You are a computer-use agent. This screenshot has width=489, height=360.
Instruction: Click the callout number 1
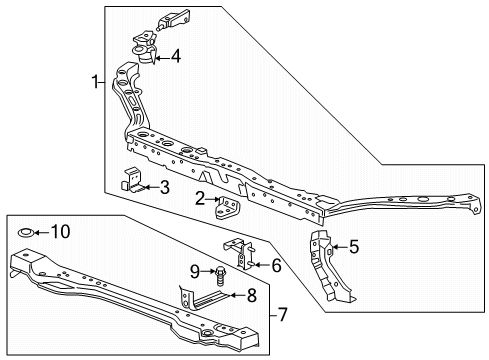(x=95, y=82)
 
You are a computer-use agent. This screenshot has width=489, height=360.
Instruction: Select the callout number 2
(x=200, y=199)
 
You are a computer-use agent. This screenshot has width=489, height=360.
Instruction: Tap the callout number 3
(x=165, y=187)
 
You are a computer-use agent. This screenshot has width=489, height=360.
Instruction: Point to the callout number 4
(x=176, y=56)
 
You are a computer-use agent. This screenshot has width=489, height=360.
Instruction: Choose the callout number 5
(x=354, y=247)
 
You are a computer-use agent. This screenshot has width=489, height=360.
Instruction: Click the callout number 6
(x=276, y=265)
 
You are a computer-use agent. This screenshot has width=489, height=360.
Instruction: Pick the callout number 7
(x=282, y=315)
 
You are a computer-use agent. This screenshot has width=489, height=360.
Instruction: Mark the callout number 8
(x=252, y=295)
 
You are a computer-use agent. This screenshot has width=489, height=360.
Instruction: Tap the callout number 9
(x=195, y=271)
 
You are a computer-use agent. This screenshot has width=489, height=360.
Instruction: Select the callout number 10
(x=61, y=232)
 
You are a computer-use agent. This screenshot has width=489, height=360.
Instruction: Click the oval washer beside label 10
(x=25, y=233)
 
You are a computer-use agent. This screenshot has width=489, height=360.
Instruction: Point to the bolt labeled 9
(x=220, y=275)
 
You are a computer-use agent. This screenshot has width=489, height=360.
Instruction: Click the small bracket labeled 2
(x=227, y=207)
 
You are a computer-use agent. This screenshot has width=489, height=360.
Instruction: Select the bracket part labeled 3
(x=133, y=181)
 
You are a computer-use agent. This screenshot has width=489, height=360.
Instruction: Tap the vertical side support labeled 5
(x=330, y=266)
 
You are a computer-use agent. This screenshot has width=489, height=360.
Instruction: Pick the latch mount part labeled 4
(x=145, y=47)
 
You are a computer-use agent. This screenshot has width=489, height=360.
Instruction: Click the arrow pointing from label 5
(x=340, y=247)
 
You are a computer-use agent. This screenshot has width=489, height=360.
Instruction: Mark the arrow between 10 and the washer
(x=41, y=232)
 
